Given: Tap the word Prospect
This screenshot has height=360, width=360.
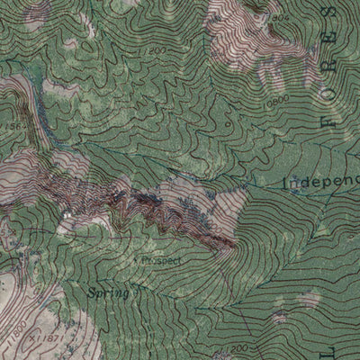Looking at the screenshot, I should click(162, 260).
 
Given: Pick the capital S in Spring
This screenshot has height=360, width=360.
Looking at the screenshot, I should click(93, 292).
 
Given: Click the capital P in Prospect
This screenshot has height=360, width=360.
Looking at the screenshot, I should click(147, 260).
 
